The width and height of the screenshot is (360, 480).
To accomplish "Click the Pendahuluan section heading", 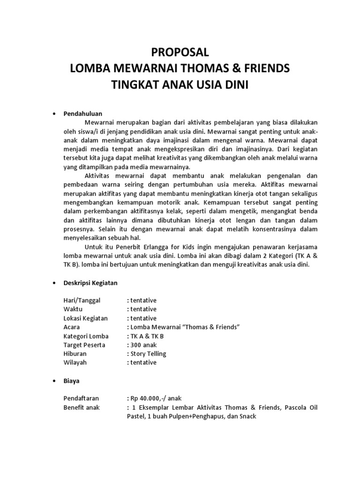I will point(83,113).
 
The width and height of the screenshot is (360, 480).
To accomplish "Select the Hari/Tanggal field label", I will point(82,300).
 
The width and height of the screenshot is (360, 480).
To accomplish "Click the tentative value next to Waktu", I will point(142,309).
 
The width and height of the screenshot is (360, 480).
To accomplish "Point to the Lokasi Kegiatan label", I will point(85,318).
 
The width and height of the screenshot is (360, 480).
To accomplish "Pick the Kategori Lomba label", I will point(86,336).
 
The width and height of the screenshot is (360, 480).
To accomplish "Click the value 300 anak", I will point(143,345).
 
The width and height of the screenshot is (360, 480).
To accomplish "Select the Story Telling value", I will point(147,354).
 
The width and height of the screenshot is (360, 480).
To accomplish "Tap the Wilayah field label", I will point(75,363).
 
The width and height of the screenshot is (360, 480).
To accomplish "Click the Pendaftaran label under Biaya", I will point(82,398).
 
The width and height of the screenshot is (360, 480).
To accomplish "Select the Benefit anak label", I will point(82,407).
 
